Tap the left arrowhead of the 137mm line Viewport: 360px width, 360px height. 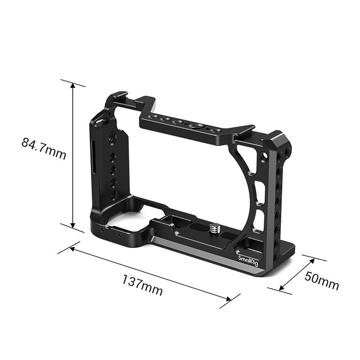72,248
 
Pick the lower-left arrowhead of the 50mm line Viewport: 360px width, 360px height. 282,288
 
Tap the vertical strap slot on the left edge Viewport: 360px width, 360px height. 94,157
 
